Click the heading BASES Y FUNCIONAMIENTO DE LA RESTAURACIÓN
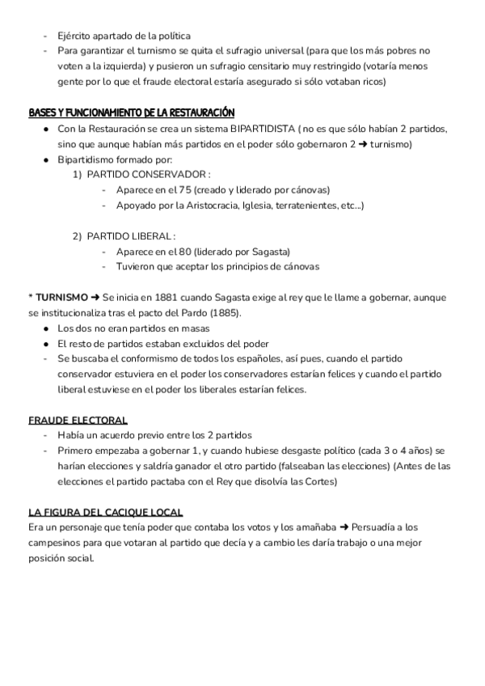tap(131, 112)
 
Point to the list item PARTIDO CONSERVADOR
tap(148, 174)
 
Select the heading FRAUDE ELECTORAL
tap(78, 420)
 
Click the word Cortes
tap(320, 482)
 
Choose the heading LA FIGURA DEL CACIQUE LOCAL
tap(105, 513)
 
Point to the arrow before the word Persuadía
tap(332, 528)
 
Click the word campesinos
tap(55, 544)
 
